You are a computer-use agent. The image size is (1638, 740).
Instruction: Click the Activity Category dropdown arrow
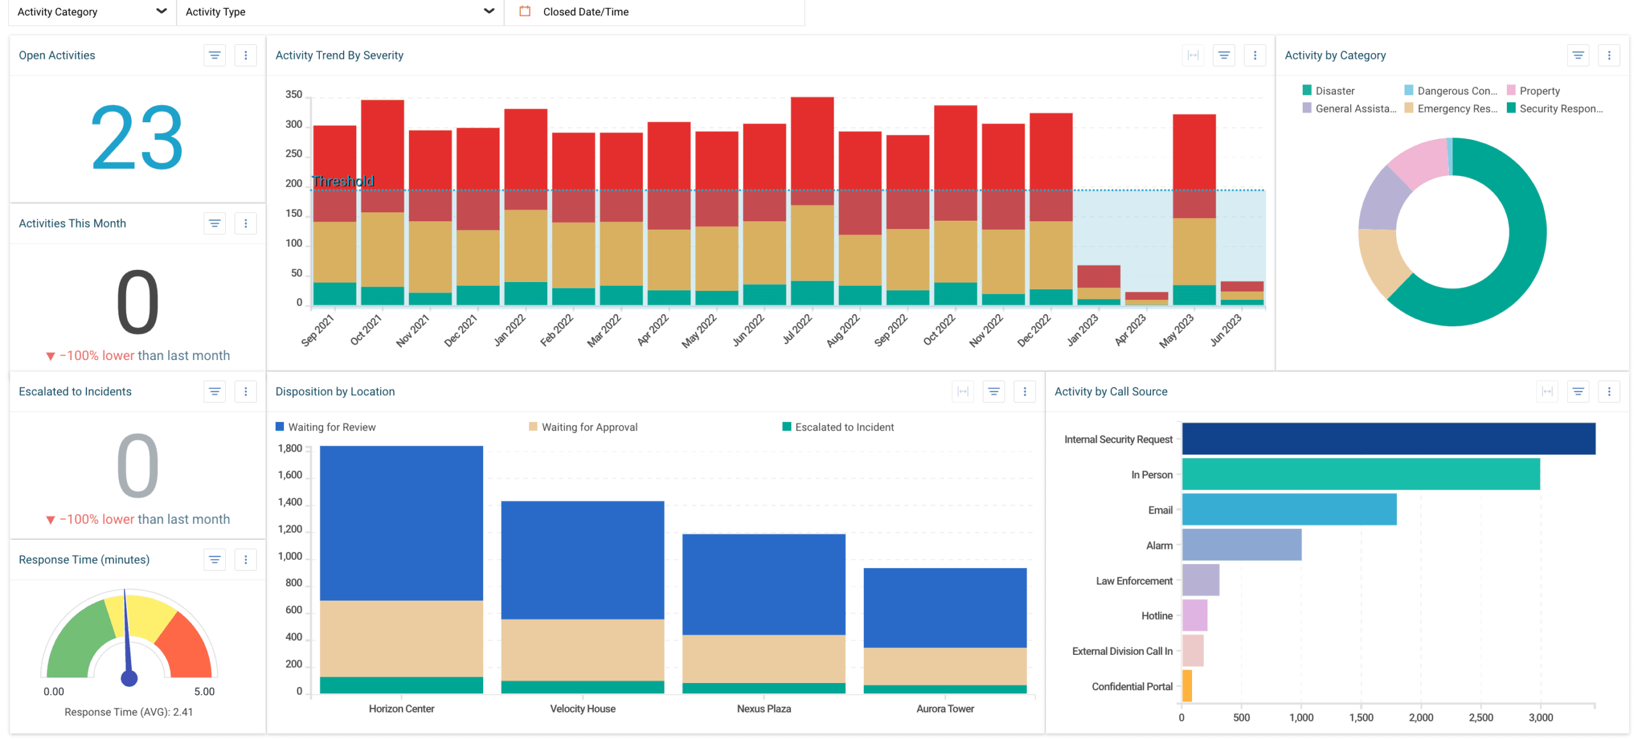coord(161,11)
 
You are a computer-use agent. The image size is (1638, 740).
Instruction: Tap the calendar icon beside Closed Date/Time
coord(525,11)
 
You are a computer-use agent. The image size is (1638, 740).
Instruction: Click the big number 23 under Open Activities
coord(137,138)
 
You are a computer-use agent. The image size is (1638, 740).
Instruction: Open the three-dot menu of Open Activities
coord(245,56)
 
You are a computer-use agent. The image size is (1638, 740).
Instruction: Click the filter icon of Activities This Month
coord(214,223)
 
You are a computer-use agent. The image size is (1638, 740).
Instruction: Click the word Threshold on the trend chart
coord(343,182)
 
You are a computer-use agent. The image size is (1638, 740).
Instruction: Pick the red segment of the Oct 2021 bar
coord(382,154)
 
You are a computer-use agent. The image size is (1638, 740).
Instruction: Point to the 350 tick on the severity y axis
coord(294,95)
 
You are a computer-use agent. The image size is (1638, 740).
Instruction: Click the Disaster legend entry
coord(1333,91)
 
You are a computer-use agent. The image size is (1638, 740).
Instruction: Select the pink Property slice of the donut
coord(1417,162)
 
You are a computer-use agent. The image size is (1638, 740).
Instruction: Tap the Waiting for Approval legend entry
coord(589,427)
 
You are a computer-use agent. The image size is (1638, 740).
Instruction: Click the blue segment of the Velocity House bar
coord(582,560)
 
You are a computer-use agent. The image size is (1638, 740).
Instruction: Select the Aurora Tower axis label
coord(944,709)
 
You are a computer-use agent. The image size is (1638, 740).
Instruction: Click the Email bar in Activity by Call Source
coord(1289,509)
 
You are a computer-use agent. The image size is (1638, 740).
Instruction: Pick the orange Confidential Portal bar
coord(1187,686)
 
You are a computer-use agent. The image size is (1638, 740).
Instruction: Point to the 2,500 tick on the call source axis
coord(1481,718)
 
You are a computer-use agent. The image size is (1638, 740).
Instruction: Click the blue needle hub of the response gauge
coord(129,678)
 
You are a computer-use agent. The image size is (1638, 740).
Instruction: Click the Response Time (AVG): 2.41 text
coord(129,712)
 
